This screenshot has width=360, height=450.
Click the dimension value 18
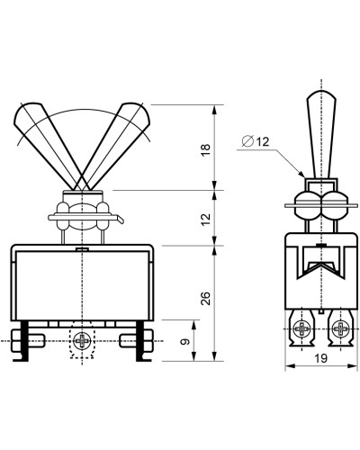tap(206, 150)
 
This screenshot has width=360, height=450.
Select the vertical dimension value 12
tap(206, 220)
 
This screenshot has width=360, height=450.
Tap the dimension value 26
tap(206, 298)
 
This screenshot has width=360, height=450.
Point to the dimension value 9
tap(186, 341)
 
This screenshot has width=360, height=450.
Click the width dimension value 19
tap(321, 358)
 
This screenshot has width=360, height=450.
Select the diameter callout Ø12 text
tap(256, 141)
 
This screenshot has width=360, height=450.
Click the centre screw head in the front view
tap(82, 340)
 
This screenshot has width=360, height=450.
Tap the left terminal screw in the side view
tap(301, 328)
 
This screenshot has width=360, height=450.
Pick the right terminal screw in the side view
tap(341, 328)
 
